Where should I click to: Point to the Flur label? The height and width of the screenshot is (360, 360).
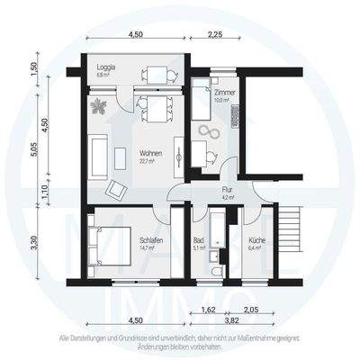(x=228, y=192)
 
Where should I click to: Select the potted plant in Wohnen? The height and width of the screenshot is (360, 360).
(x=99, y=105)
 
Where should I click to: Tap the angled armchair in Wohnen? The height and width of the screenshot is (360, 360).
(x=117, y=190)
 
